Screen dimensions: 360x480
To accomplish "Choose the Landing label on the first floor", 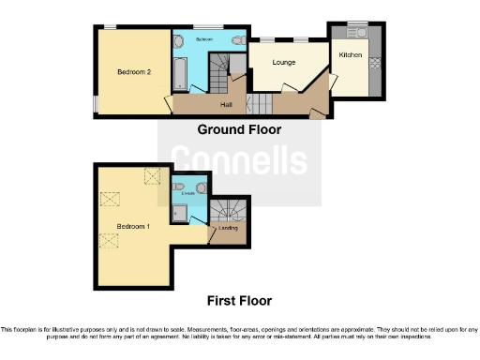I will click(x=227, y=228).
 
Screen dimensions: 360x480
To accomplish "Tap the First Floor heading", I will click(x=239, y=301).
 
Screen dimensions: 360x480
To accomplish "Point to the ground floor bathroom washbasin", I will click(x=179, y=41).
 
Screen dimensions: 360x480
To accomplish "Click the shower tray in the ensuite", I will click(x=179, y=214).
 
